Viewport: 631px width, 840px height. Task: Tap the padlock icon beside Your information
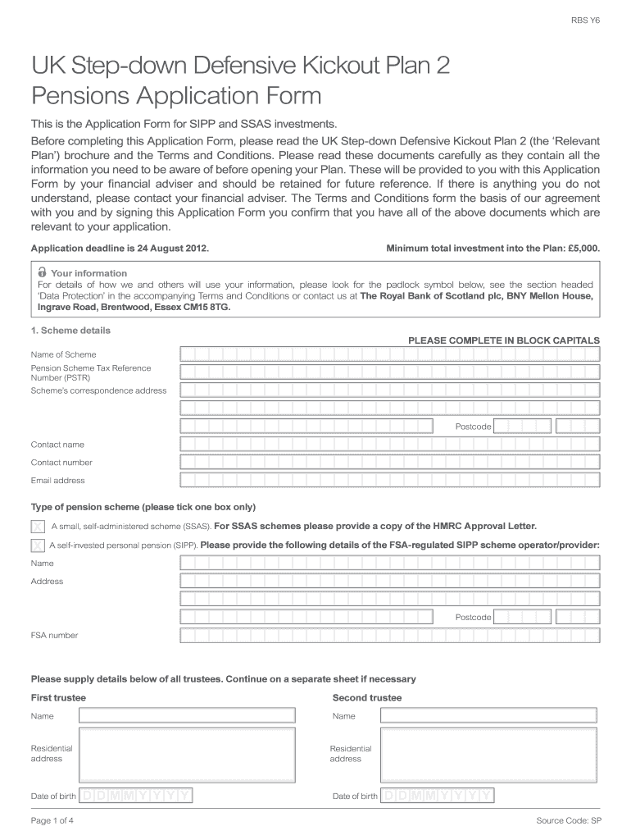(42, 272)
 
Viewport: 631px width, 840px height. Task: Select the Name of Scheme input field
(389, 354)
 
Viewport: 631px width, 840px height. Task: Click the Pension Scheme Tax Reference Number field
(389, 372)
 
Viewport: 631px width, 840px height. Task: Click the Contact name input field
(389, 445)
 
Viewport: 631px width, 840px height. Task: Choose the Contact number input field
(389, 463)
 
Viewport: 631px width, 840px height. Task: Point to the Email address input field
(389, 481)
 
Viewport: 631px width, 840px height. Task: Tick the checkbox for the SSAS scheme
(38, 526)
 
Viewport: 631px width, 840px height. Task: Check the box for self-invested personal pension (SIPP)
(38, 545)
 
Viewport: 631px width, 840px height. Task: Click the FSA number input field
(389, 635)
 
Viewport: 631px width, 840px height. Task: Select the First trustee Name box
(187, 716)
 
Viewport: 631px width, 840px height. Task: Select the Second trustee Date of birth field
(438, 796)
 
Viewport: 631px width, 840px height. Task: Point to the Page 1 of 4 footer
(52, 820)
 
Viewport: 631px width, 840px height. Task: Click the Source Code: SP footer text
(569, 820)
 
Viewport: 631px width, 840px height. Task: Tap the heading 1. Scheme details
(70, 331)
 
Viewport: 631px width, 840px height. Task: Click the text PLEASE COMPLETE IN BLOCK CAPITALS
(503, 340)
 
